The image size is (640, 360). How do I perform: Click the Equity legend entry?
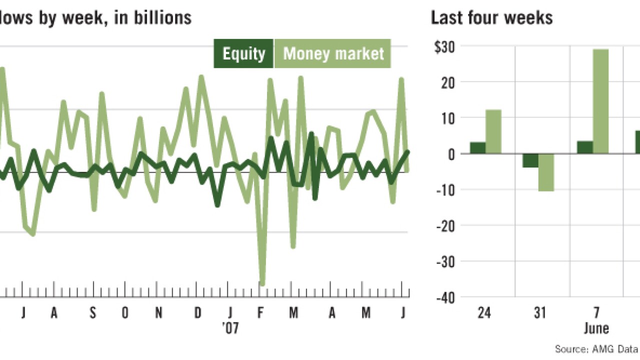click(243, 53)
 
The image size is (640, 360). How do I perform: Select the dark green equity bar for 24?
click(477, 148)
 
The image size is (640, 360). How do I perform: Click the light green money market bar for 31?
click(546, 172)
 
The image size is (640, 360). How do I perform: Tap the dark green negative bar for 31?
click(530, 160)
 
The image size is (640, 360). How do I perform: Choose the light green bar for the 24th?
click(493, 131)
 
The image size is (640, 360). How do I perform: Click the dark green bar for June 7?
click(584, 147)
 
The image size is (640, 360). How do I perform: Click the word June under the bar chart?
click(596, 328)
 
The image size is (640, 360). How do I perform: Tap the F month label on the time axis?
click(260, 313)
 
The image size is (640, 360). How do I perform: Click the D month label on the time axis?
click(198, 313)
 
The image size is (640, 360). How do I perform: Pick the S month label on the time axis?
click(92, 313)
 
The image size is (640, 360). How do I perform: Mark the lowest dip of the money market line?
click(262, 284)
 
